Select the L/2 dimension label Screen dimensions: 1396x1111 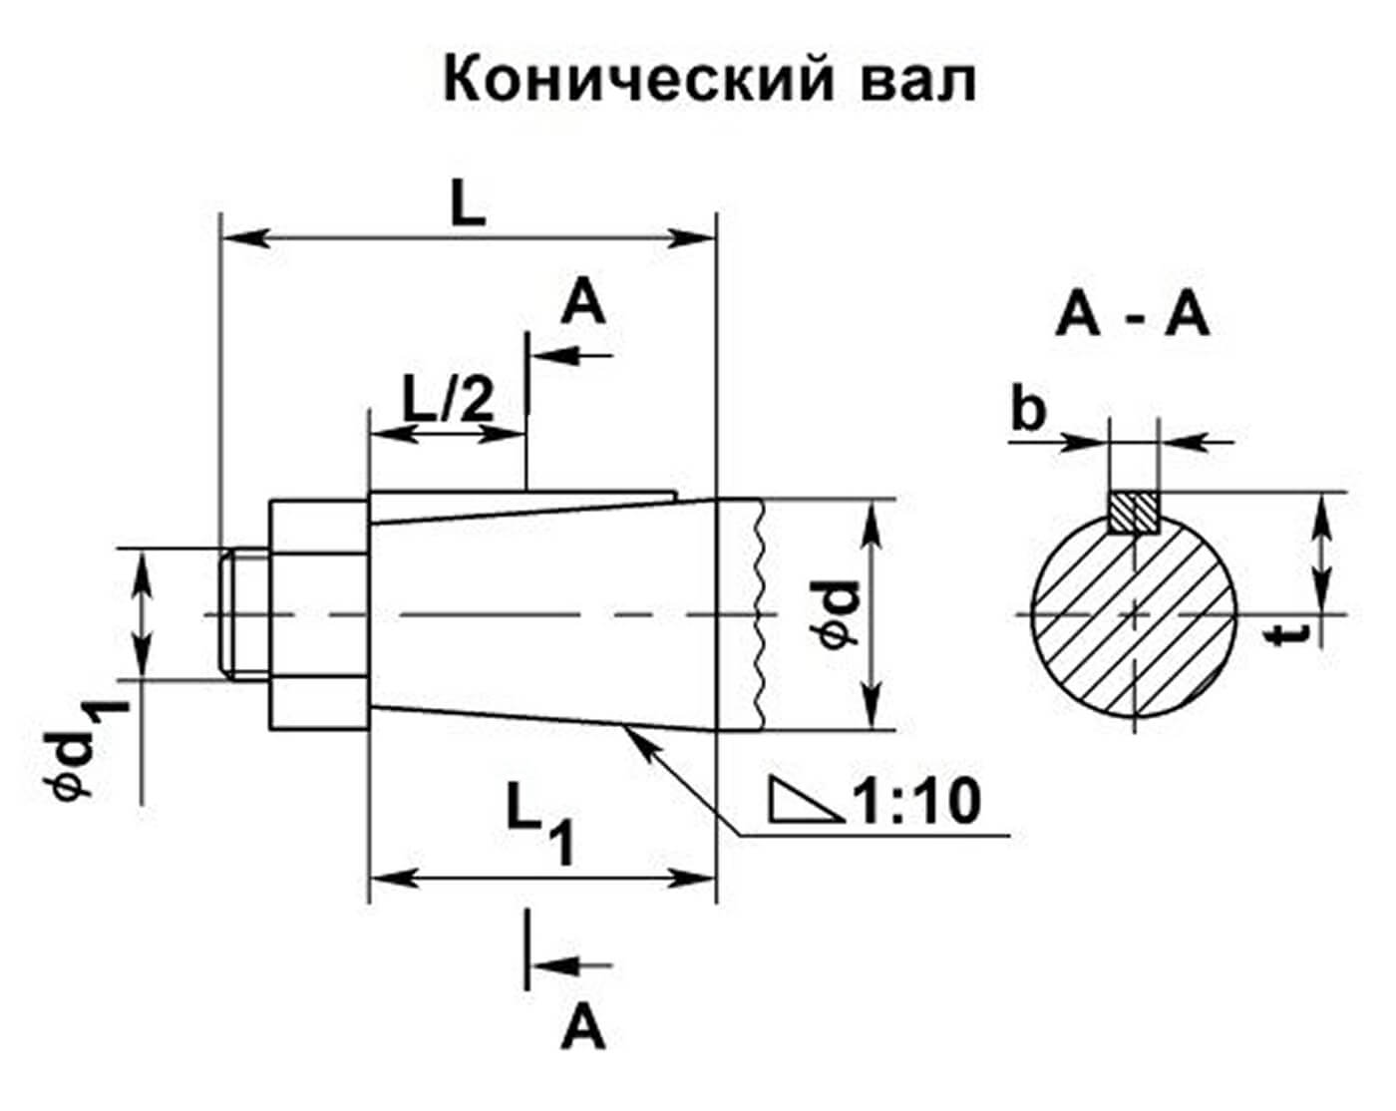point(449,401)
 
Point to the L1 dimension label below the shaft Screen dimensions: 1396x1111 point(540,822)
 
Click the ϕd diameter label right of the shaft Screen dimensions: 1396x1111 point(840,614)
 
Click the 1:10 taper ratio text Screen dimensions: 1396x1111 point(916,803)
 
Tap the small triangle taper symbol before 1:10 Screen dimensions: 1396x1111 point(807,799)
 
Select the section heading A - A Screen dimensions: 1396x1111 point(1133,317)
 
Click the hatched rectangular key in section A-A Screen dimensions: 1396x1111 point(1134,514)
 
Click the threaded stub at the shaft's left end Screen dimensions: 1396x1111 point(244,614)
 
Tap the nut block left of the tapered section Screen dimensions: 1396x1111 point(319,614)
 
